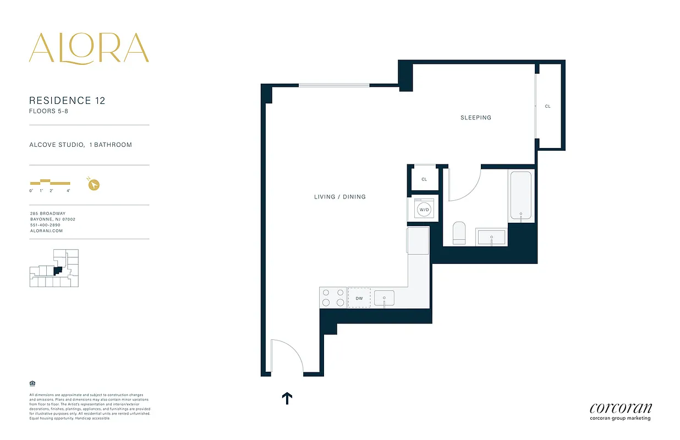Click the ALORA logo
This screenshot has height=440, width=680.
tap(89, 48)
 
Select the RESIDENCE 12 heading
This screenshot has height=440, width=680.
tap(67, 101)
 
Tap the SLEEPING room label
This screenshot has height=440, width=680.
tap(476, 118)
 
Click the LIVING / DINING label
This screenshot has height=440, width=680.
tap(339, 197)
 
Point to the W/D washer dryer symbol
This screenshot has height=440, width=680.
tap(424, 210)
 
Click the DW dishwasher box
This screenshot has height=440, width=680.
tap(359, 298)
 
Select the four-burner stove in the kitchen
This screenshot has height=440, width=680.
tap(333, 298)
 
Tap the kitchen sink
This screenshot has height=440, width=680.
tap(385, 299)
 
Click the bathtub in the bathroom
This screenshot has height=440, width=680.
tap(520, 196)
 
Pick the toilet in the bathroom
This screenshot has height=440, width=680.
tap(459, 233)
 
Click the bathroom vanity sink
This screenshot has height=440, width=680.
tap(492, 238)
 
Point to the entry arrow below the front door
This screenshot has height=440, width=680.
tap(287, 398)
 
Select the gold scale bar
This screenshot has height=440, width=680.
tap(50, 182)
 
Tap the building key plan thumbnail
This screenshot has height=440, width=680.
tap(54, 268)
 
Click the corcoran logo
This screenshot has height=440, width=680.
tap(621, 409)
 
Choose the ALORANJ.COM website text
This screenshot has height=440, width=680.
tap(46, 231)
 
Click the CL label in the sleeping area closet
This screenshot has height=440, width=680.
tap(547, 107)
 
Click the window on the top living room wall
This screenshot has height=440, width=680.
tap(334, 85)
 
